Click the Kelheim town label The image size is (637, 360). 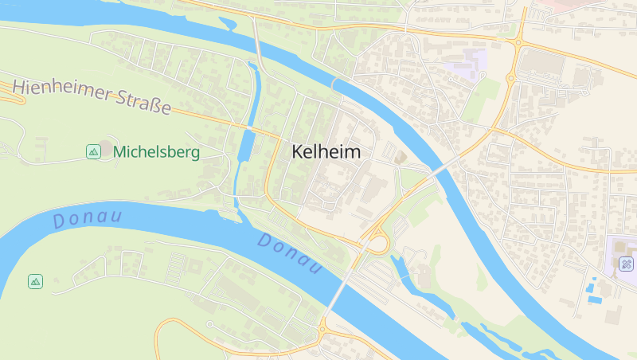326,151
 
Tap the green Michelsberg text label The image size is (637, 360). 156,151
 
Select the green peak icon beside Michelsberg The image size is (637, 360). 93,151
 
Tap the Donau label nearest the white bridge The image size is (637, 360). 290,253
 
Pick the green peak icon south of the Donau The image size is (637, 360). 35,281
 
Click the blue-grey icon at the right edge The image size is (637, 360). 627,264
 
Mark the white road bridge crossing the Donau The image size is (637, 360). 342,285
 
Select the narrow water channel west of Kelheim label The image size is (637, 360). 244,151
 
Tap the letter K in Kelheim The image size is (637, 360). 298,151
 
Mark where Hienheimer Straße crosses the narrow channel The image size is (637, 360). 248,127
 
